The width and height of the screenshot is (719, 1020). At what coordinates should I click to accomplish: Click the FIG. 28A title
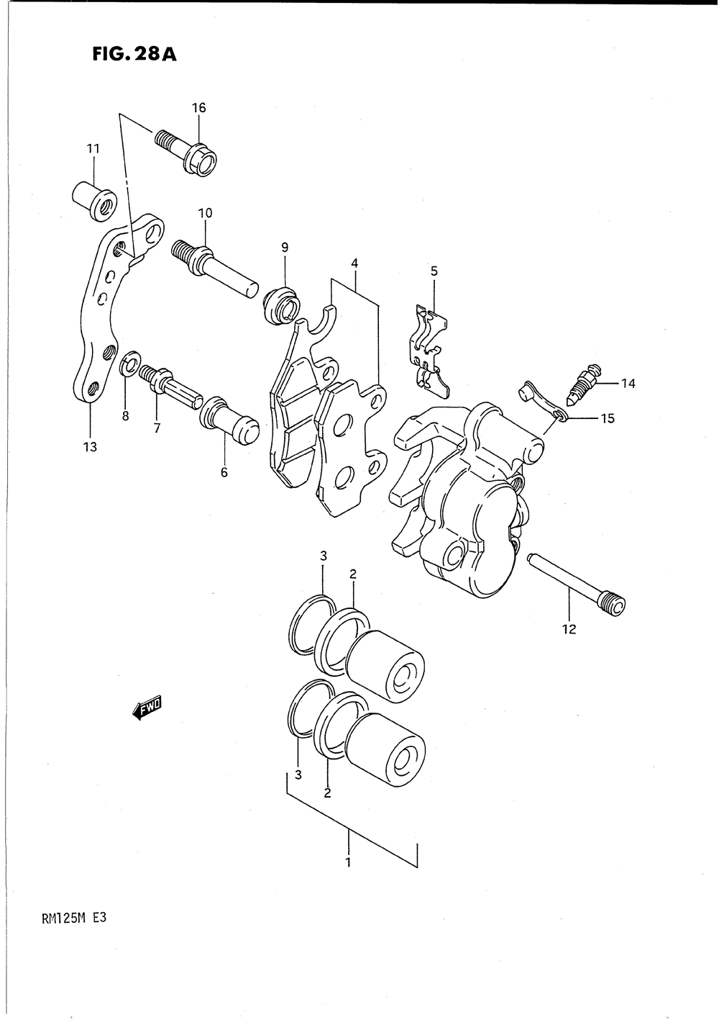[x=134, y=55]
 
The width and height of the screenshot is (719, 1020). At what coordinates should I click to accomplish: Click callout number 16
[x=198, y=108]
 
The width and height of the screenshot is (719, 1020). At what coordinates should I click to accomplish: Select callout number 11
[x=93, y=149]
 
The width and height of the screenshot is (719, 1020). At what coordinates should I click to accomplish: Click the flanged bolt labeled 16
[x=186, y=152]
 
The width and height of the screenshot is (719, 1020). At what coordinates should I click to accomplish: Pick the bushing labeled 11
[x=94, y=202]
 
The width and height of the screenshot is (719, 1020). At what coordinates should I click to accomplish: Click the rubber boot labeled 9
[x=282, y=305]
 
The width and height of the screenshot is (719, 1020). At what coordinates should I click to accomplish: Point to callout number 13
[x=91, y=447]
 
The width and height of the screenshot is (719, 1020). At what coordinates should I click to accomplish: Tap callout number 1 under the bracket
[x=348, y=862]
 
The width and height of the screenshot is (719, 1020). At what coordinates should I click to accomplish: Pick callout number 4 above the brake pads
[x=354, y=263]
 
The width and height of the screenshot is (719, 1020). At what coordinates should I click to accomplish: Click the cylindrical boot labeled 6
[x=229, y=420]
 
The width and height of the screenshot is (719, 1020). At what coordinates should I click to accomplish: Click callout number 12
[x=569, y=629]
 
